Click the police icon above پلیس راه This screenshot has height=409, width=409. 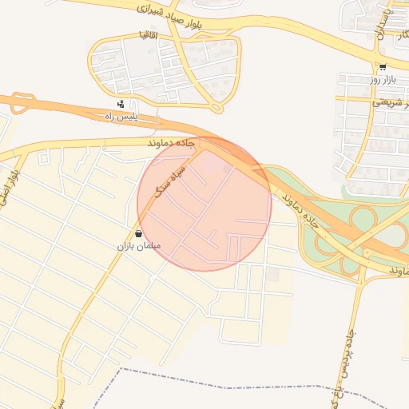pos(121,104)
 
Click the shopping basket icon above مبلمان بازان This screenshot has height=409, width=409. pos(139,234)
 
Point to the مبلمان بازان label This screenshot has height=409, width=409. pos(139,246)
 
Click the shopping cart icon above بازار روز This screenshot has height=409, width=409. pos(383,67)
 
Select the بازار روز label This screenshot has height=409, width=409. pos(382,79)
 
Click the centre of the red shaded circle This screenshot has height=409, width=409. pos(204,204)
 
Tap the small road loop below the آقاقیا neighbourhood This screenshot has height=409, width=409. pos(216,107)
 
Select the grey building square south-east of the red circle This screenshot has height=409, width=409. pos(273,275)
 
